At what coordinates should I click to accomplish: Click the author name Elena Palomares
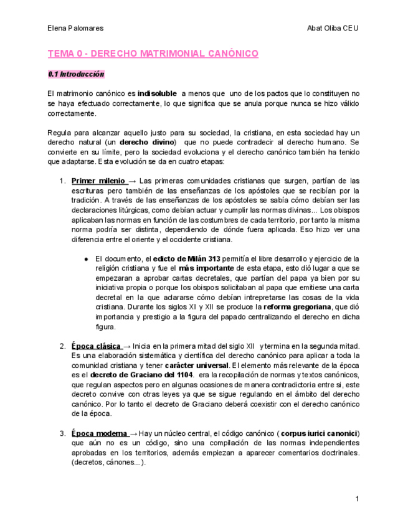(75, 28)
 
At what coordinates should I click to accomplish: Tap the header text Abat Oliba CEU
(333, 28)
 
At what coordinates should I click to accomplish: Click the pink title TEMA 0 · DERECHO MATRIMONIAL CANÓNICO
(153, 54)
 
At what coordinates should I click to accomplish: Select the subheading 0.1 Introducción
(76, 74)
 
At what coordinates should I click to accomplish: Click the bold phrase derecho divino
(148, 143)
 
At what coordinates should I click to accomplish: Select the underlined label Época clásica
(95, 346)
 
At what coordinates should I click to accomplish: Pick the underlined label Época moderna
(99, 433)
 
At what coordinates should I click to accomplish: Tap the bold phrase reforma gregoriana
(297, 307)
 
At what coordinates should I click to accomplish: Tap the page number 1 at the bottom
(358, 499)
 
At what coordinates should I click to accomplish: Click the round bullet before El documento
(85, 258)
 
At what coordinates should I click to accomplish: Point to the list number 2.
(62, 346)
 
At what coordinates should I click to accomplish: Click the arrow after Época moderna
(133, 433)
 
